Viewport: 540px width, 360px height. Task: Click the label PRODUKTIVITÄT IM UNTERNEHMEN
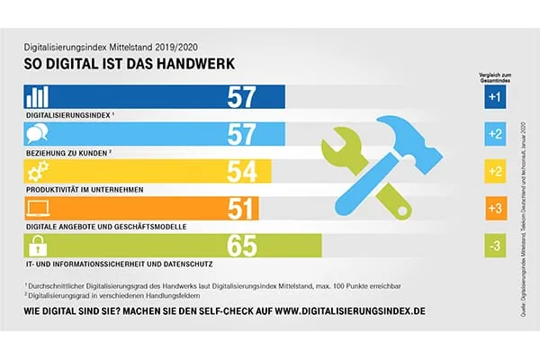pyautogui.click(x=81, y=190)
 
